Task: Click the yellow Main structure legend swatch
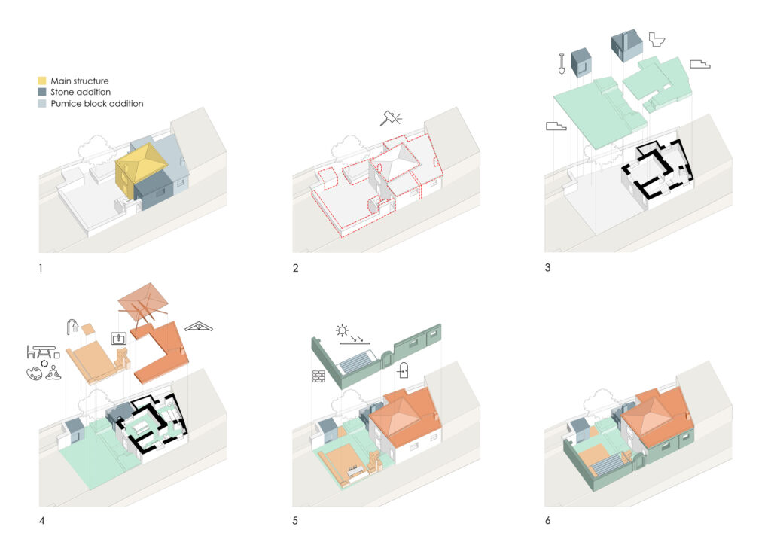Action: coord(42,81)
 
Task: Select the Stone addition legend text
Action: coord(80,92)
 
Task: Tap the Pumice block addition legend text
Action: coord(97,104)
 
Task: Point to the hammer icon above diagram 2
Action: coord(391,118)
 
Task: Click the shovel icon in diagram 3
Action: coord(562,63)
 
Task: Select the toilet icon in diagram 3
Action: coord(657,39)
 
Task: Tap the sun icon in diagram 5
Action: coord(342,330)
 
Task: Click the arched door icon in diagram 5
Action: coord(404,370)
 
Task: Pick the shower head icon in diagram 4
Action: coord(73,327)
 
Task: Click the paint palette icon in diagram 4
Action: coord(35,373)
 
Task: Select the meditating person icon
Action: coord(53,373)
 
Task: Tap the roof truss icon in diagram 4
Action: coord(199,327)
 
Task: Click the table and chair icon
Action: coord(43,352)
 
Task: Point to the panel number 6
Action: coord(548,520)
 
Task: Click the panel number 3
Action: coord(547,268)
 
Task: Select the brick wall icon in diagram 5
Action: coord(318,376)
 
